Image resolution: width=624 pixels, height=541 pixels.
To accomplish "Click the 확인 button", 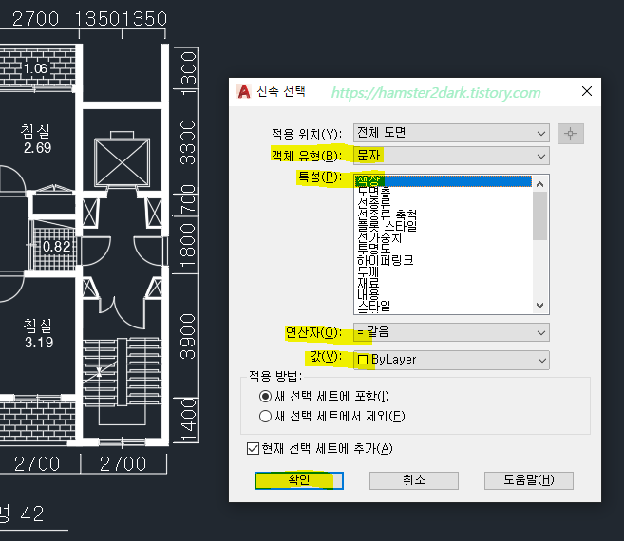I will pyautogui.click(x=293, y=479).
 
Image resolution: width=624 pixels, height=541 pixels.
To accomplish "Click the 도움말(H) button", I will pyautogui.click(x=528, y=479).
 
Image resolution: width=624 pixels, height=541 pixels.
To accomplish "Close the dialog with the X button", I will pyautogui.click(x=586, y=91).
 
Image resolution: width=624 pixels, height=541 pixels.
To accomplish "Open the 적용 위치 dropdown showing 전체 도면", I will pyautogui.click(x=451, y=133).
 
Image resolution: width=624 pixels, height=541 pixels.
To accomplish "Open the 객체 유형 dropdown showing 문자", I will pyautogui.click(x=451, y=155).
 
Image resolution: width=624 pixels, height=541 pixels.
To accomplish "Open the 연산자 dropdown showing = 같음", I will pyautogui.click(x=451, y=332).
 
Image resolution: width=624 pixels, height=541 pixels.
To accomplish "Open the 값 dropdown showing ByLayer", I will pyautogui.click(x=451, y=360).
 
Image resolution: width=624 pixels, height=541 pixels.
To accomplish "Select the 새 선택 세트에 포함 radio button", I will pyautogui.click(x=265, y=396).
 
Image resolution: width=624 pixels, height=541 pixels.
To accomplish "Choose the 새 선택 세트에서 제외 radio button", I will pyautogui.click(x=265, y=416).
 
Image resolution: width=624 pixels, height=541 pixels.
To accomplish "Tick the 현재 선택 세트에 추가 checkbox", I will pyautogui.click(x=253, y=448).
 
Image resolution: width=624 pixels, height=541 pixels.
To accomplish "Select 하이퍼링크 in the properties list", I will pyautogui.click(x=385, y=259).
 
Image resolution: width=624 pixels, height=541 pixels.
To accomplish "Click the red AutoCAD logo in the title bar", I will pyautogui.click(x=244, y=92).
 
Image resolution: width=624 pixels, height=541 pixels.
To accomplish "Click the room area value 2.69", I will pyautogui.click(x=37, y=148).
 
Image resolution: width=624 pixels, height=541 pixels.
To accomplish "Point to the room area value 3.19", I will pyautogui.click(x=38, y=342).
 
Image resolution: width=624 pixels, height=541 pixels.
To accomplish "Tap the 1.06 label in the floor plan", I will pyautogui.click(x=35, y=68).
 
